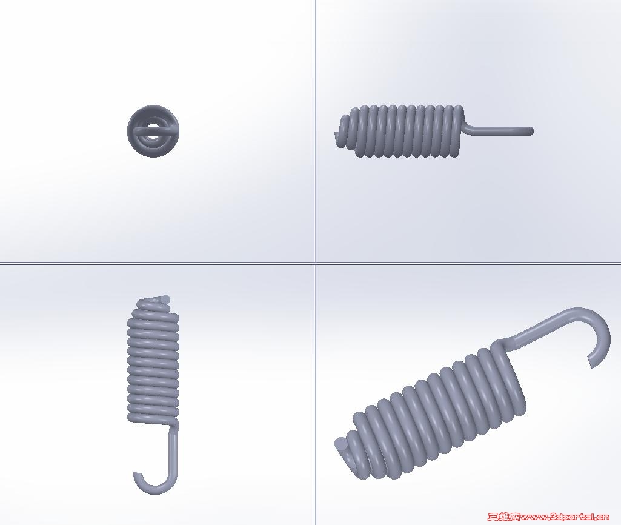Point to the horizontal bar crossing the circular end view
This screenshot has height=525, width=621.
click(x=153, y=130)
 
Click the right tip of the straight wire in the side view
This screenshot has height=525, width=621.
click(x=531, y=131)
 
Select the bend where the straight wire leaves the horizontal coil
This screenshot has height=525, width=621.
click(x=468, y=127)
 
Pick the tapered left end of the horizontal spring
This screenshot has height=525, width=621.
click(x=344, y=132)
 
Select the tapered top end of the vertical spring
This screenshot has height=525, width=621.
click(x=155, y=303)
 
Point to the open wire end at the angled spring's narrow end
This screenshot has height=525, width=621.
click(x=341, y=444)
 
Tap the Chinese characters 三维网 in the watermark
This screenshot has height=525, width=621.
click(x=503, y=517)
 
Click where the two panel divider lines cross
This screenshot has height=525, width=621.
click(x=315, y=262)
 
